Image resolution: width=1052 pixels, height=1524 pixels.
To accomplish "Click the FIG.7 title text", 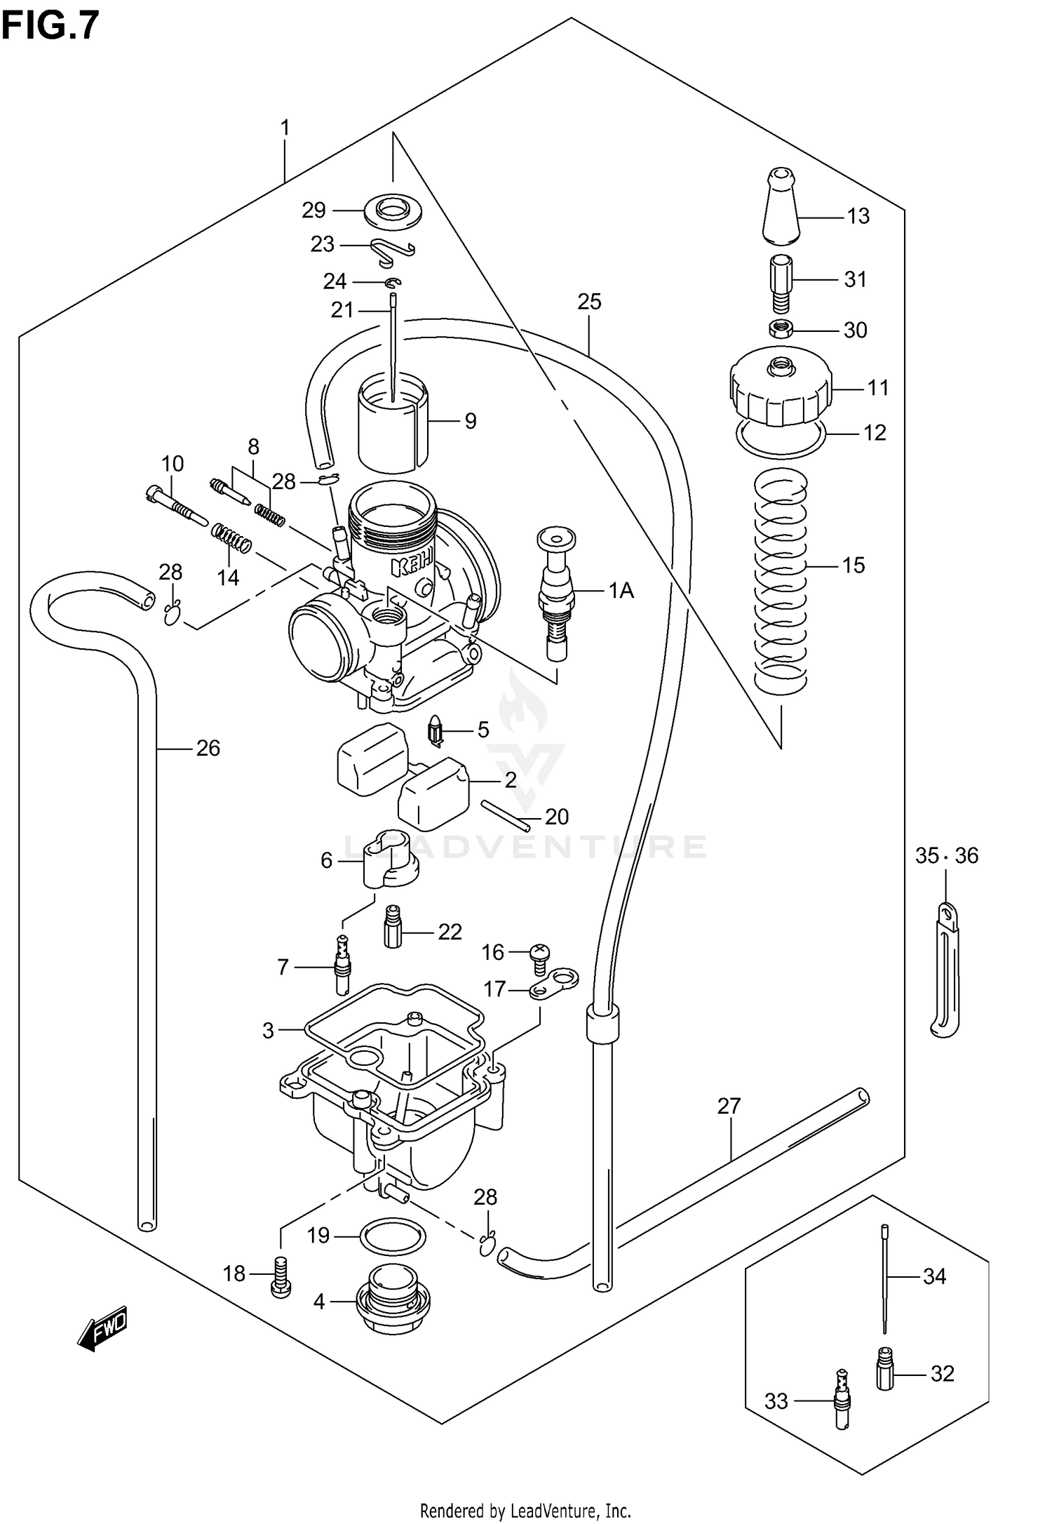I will coord(50,27).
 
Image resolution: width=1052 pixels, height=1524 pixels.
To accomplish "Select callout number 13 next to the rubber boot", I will coord(858,216).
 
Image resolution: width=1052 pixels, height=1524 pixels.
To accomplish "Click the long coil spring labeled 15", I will coord(781,582).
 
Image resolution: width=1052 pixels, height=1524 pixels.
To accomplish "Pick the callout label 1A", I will coord(621,591).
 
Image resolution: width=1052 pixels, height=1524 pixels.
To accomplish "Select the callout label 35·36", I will coord(946,855).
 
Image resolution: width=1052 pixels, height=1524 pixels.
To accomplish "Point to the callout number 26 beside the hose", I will coord(208,748).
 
